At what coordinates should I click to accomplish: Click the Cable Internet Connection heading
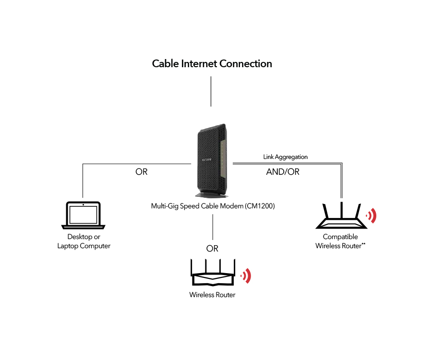coord(212,64)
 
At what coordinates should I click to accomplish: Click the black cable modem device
coord(212,158)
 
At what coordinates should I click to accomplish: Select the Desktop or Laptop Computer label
coord(84,241)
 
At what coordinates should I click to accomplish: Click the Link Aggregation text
coord(285,157)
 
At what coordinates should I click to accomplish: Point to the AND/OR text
coord(283,171)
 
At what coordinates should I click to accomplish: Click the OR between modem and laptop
coord(142,171)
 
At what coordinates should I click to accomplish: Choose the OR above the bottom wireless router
coord(212,249)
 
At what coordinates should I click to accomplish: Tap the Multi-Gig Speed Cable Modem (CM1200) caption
coord(213,206)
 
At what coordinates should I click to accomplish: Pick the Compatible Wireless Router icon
coord(341,216)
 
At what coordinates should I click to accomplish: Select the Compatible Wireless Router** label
coord(340,241)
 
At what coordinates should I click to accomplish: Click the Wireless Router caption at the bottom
coord(212,295)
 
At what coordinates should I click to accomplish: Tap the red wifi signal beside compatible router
coord(371,216)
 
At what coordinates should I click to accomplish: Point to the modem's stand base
coord(212,194)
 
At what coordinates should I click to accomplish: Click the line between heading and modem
coord(211,91)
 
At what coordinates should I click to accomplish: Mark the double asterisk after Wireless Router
coord(364,244)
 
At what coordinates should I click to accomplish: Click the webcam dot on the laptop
coord(83,205)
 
